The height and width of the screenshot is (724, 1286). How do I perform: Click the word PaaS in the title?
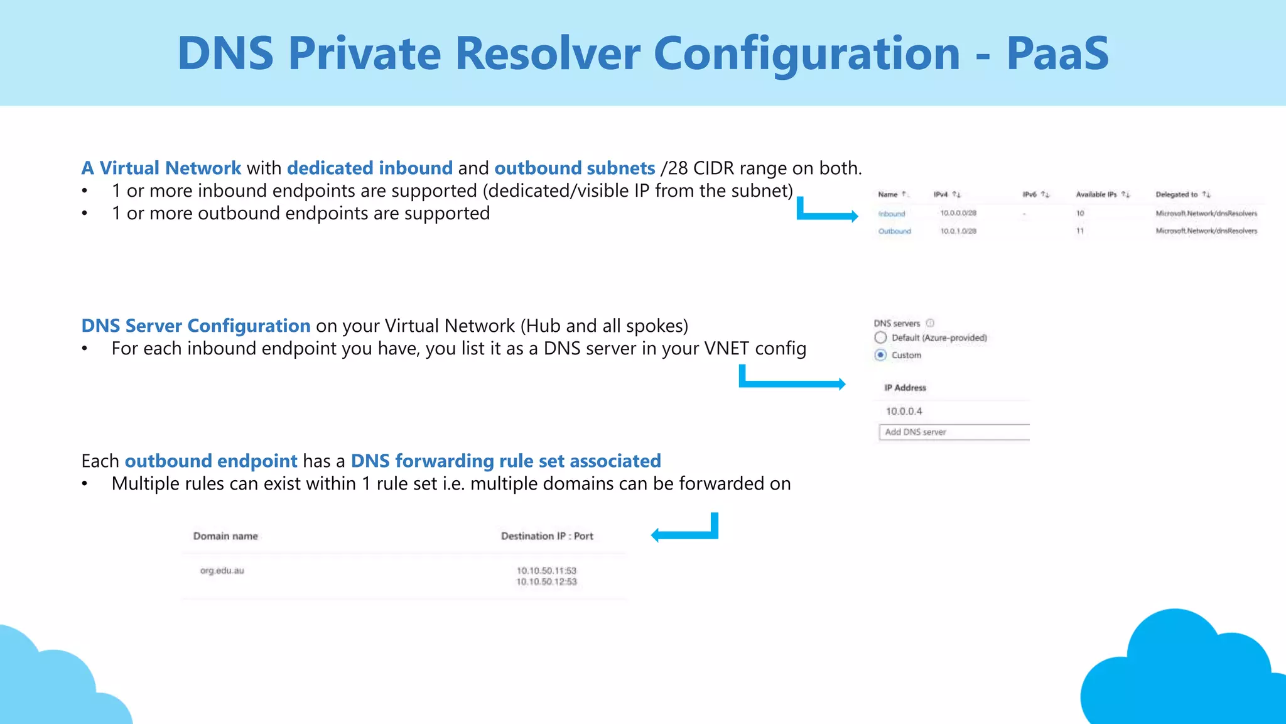click(x=1057, y=53)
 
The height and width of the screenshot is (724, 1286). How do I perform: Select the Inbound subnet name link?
click(x=892, y=214)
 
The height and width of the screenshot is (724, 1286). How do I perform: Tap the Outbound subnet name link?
click(x=894, y=231)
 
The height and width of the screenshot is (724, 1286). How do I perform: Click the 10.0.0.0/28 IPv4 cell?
click(x=958, y=213)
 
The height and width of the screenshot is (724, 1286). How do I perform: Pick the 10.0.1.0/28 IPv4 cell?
click(x=958, y=231)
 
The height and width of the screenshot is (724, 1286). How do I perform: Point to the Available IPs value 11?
click(x=1080, y=231)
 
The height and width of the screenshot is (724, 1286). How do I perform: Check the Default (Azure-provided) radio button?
click(x=881, y=337)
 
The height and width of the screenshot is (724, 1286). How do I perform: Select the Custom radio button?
click(x=881, y=355)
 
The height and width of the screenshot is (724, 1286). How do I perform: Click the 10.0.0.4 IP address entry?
click(x=904, y=411)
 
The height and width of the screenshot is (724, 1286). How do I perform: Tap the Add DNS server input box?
click(x=953, y=432)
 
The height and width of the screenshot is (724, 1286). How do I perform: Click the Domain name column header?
click(x=225, y=536)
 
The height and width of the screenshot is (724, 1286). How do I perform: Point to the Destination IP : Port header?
click(x=547, y=536)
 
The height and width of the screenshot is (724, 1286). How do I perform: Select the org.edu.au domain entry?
click(x=222, y=571)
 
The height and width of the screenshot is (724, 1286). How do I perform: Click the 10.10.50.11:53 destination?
click(x=546, y=571)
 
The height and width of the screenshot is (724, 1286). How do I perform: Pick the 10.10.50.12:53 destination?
click(x=546, y=582)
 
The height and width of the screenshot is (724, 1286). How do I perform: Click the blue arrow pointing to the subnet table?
click(x=828, y=216)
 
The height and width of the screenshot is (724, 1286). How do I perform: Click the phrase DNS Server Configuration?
click(x=196, y=326)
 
